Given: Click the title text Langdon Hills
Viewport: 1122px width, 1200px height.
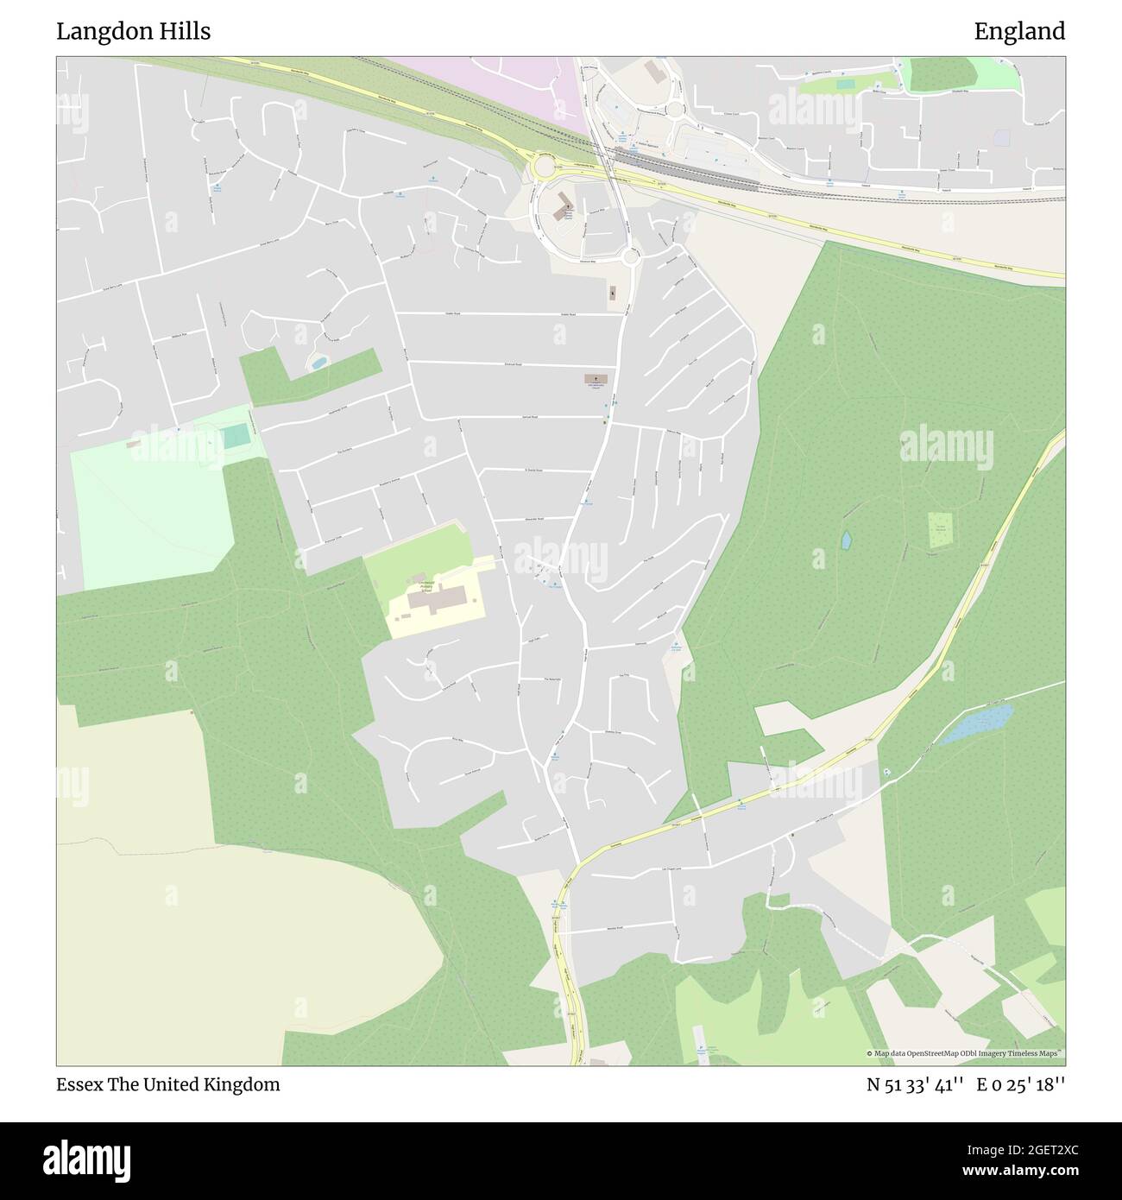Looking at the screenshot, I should pyautogui.click(x=134, y=32).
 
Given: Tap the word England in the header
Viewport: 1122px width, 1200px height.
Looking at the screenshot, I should pyautogui.click(x=1019, y=32).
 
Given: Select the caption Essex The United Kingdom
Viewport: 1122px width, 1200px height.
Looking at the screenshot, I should pyautogui.click(x=168, y=1085).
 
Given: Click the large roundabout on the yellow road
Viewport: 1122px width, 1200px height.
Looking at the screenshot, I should pyautogui.click(x=545, y=164).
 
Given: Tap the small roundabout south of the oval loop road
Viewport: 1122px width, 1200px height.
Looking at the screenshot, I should pyautogui.click(x=631, y=256).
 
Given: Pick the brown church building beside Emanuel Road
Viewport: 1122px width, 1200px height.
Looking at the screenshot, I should pyautogui.click(x=595, y=379).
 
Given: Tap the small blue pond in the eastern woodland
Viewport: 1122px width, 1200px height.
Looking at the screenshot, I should pyautogui.click(x=847, y=540).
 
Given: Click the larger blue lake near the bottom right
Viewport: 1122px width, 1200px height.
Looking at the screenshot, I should pyautogui.click(x=978, y=723).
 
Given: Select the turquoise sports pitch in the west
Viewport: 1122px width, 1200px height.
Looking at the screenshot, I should pyautogui.click(x=235, y=437).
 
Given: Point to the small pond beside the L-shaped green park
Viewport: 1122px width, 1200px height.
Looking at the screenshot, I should pyautogui.click(x=318, y=363).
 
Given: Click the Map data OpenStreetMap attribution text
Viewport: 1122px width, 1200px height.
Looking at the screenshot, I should pyautogui.click(x=964, y=1053).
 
